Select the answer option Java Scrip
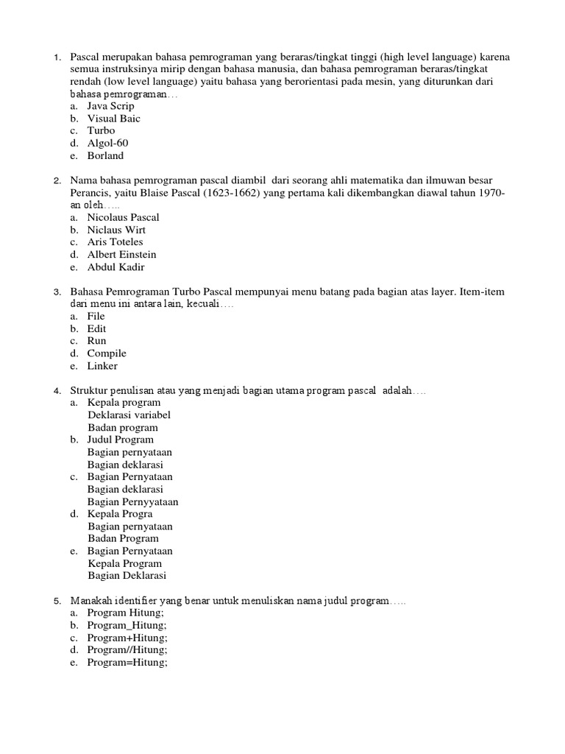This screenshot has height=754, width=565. [x=110, y=106]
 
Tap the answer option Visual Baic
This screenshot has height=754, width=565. [x=113, y=119]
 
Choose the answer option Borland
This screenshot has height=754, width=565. [x=105, y=155]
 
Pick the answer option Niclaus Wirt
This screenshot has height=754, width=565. [x=116, y=230]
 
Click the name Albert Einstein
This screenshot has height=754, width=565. [x=121, y=255]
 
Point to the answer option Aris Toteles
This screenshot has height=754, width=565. [x=115, y=242]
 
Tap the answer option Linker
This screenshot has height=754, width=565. [x=102, y=366]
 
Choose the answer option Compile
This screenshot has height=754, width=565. [x=107, y=353]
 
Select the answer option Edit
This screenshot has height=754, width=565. [x=96, y=328]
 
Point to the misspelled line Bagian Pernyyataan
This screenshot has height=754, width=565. [x=133, y=502]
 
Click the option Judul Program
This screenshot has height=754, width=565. [x=120, y=440]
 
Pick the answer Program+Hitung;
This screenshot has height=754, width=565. [x=127, y=638]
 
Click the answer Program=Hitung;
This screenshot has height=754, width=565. [x=127, y=663]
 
